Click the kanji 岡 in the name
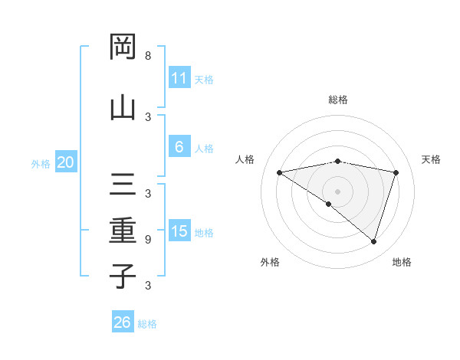tap(123, 47)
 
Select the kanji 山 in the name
tap(123, 106)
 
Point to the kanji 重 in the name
tap(123, 229)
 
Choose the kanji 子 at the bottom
tap(123, 275)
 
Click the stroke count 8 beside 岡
tap(148, 57)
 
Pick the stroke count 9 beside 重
tap(148, 240)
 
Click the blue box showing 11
tap(179, 78)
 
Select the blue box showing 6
tap(179, 147)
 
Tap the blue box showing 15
tap(179, 231)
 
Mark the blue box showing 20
tap(66, 162)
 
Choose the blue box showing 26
tap(122, 322)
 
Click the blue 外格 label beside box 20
tap(41, 163)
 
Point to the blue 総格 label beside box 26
tap(147, 324)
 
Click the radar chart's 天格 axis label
tap(431, 159)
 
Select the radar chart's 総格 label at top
tap(337, 100)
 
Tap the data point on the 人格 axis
tap(280, 172)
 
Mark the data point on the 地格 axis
tap(373, 241)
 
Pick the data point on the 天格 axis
tap(396, 172)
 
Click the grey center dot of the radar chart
tap(337, 191)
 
